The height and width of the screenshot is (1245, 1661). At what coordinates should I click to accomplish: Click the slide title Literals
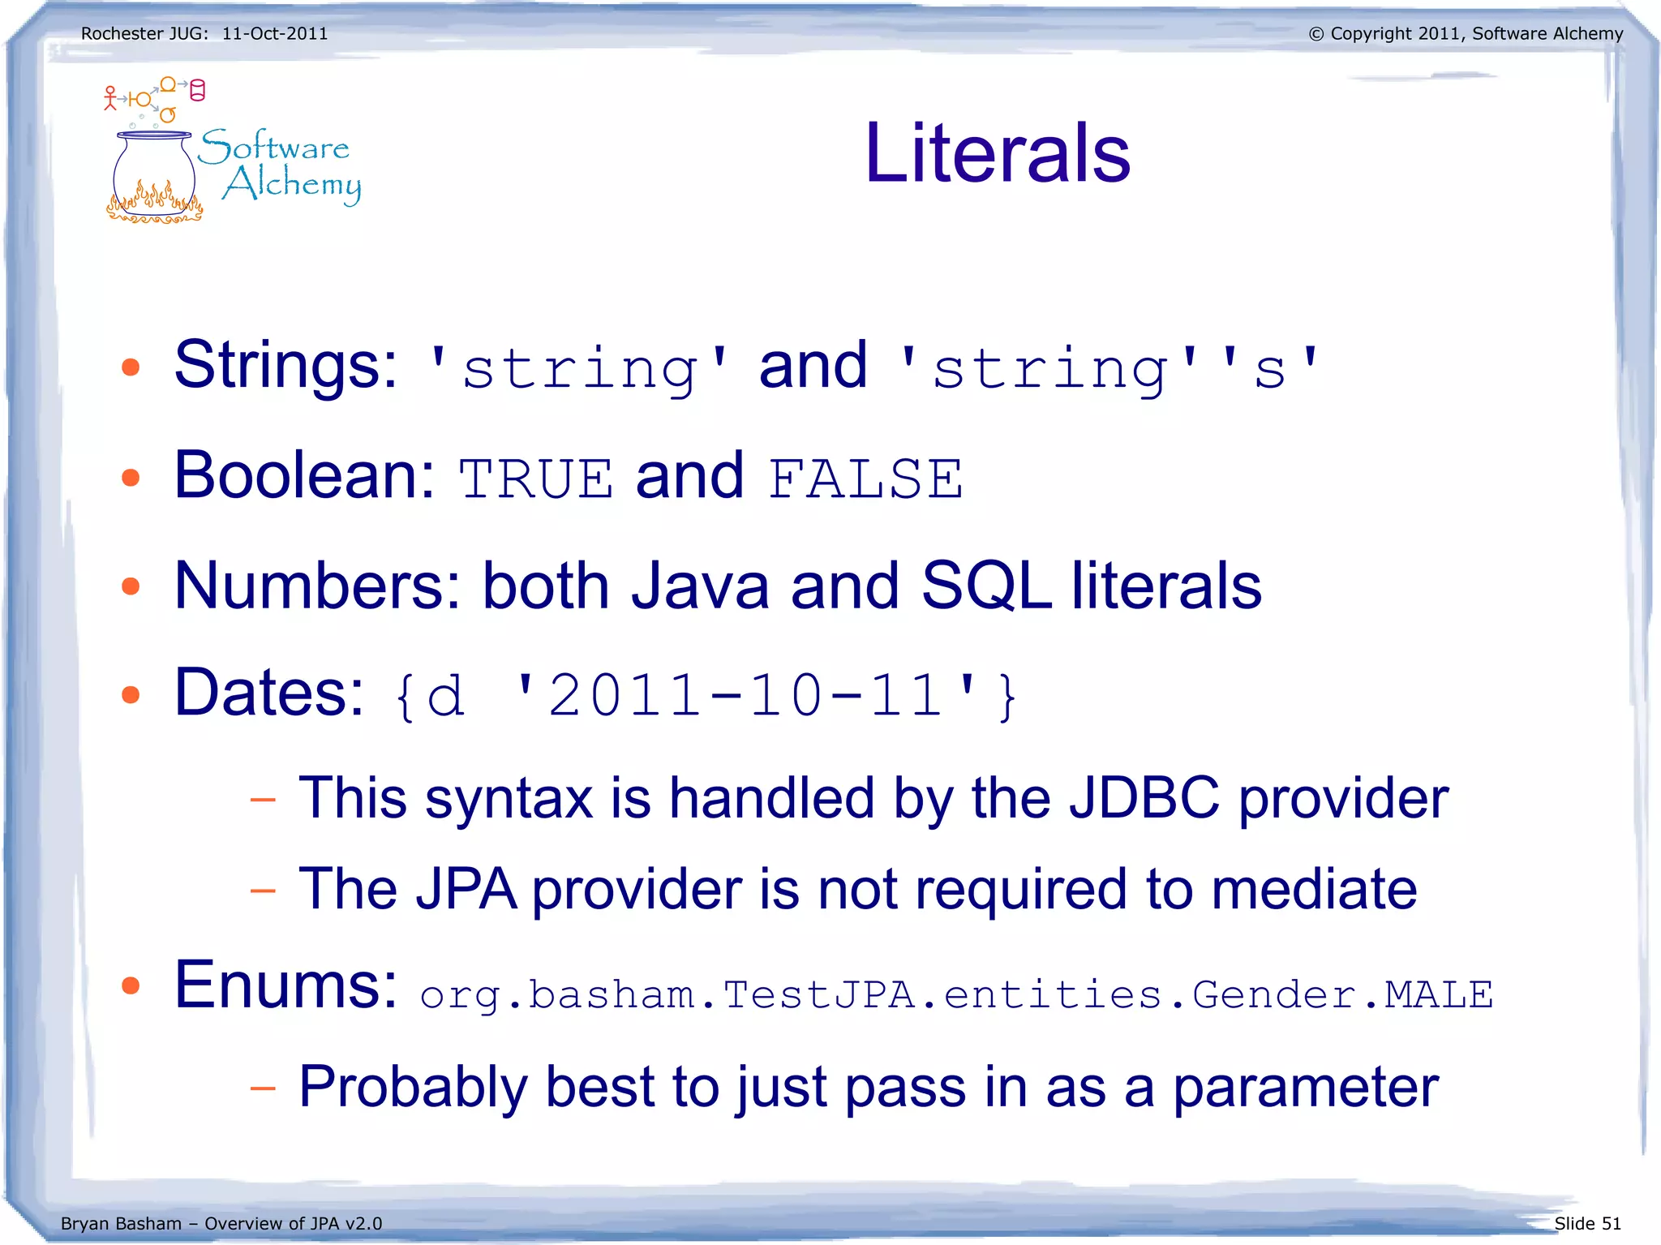click(997, 153)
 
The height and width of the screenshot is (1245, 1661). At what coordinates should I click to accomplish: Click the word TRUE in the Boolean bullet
click(536, 479)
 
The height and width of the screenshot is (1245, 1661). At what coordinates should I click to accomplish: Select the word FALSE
click(865, 479)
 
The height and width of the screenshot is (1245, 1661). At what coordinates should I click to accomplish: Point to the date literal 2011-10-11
click(745, 696)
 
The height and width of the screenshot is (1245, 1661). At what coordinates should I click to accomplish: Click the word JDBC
click(1144, 798)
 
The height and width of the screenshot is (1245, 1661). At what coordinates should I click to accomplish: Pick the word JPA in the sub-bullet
click(466, 890)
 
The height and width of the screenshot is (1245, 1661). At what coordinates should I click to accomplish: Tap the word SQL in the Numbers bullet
click(986, 586)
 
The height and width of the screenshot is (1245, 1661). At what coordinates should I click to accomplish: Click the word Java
click(700, 586)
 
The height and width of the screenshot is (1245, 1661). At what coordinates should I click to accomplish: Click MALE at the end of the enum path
click(1438, 995)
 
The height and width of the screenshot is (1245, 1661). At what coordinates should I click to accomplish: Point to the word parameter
click(1306, 1088)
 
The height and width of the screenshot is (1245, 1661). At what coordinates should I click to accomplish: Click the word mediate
click(1314, 890)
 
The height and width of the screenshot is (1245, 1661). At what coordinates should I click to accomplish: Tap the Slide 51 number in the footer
click(1587, 1223)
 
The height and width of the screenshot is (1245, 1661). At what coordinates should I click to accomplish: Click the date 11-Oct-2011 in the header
click(275, 34)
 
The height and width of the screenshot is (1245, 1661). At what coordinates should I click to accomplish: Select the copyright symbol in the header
click(1316, 34)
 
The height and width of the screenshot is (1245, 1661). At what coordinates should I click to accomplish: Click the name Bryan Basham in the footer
click(121, 1223)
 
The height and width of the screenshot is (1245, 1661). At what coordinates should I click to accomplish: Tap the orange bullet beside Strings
click(131, 367)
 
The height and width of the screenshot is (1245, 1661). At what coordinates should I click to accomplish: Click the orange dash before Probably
click(263, 1088)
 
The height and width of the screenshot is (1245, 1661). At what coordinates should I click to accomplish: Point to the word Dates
click(269, 693)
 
